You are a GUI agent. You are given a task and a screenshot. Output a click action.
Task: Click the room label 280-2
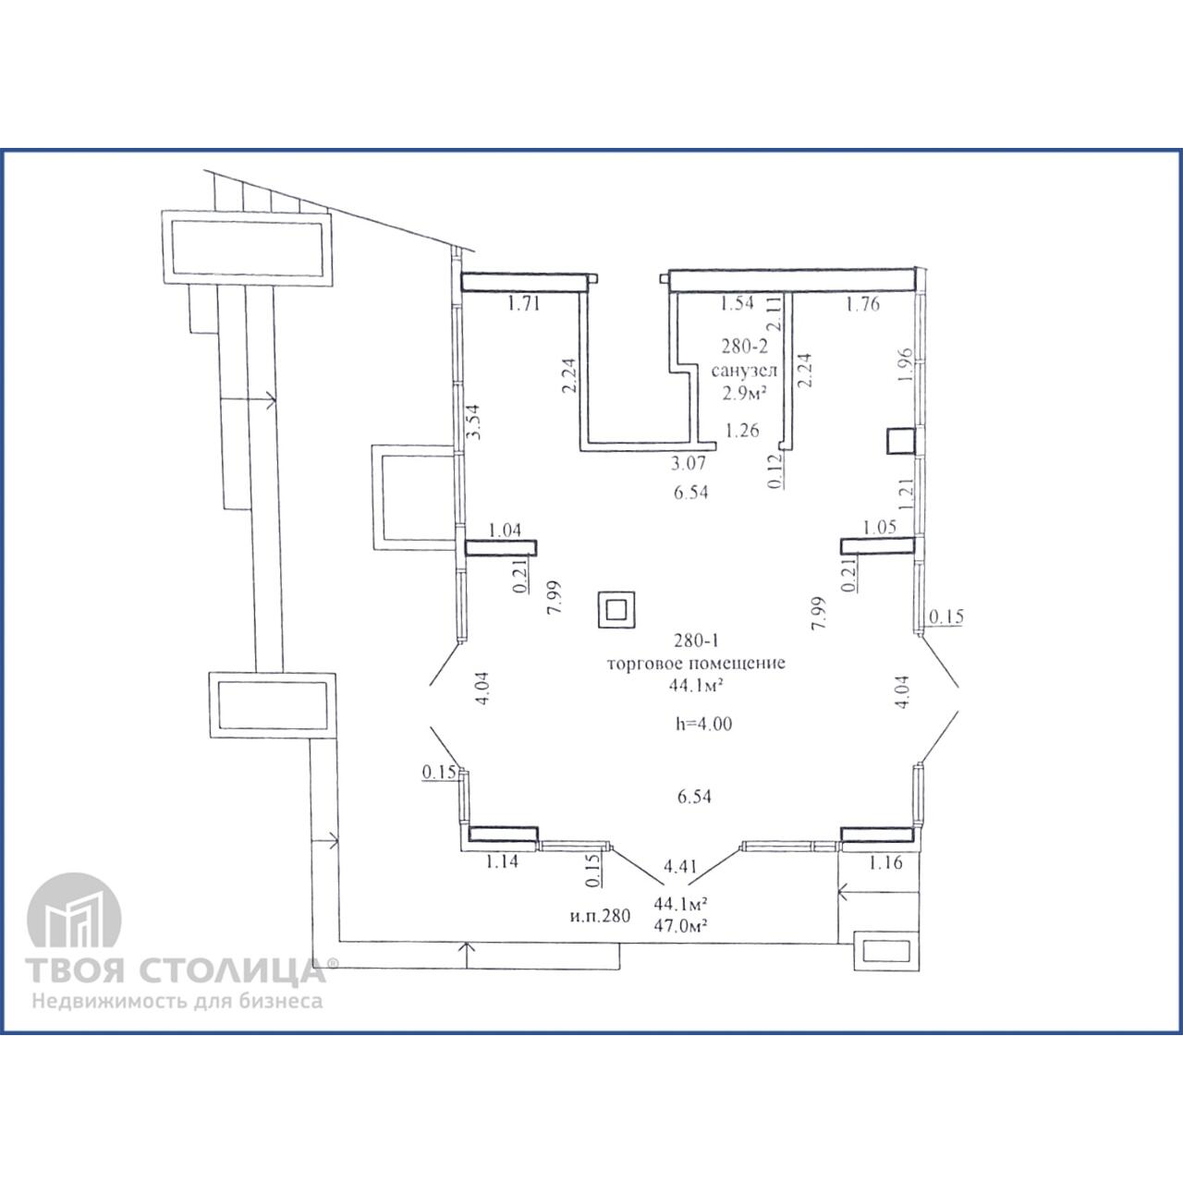pos(744,347)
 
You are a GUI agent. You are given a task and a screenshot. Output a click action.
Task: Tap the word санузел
pos(744,371)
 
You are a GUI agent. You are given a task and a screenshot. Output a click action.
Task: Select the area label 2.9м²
pos(745,394)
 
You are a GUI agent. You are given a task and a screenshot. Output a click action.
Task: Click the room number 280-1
pos(696,640)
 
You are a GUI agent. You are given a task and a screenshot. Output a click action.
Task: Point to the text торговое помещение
pos(696,664)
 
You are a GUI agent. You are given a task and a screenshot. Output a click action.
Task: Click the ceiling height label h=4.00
pos(703,724)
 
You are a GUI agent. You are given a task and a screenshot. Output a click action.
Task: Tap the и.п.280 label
pos(600,916)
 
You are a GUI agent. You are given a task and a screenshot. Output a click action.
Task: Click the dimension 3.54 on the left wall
pos(474,421)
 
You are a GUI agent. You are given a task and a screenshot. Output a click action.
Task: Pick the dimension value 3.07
pos(689,463)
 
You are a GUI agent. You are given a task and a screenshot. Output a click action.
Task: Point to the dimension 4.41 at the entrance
pos(680,866)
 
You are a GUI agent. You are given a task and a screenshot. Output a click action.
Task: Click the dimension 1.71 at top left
pos(524,303)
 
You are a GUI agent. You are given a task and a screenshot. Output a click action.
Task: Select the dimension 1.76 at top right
pos(862,304)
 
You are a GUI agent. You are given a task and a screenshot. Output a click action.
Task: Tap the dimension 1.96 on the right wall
pos(905,365)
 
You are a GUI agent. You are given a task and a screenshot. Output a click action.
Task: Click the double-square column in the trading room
pos(616,610)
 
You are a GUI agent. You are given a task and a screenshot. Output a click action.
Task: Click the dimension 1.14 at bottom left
pos(502,862)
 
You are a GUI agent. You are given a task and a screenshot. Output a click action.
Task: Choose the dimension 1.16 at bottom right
pos(886,862)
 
